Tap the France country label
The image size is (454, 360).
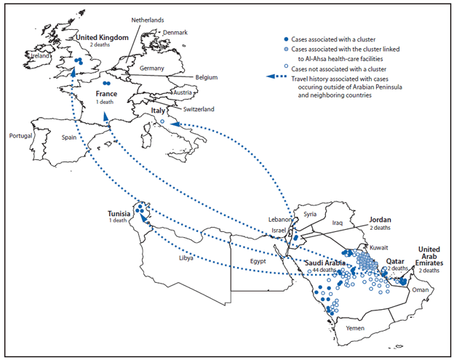106,94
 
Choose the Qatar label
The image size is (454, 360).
396,260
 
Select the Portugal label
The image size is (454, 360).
21,136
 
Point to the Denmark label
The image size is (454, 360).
175,33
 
